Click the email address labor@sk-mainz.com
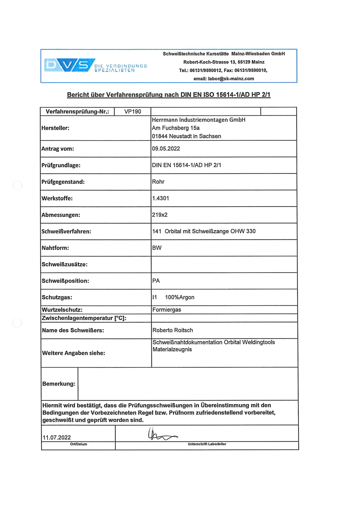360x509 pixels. pyautogui.click(x=223, y=78)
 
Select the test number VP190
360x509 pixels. pyautogui.click(x=133, y=112)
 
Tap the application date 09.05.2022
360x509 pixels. pyautogui.click(x=166, y=149)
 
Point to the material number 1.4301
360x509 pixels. pyautogui.click(x=161, y=198)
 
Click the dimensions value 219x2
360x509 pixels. pyautogui.click(x=160, y=215)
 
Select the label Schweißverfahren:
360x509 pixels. pyautogui.click(x=66, y=232)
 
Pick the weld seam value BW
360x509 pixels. pyautogui.click(x=156, y=248)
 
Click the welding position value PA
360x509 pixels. pyautogui.click(x=156, y=281)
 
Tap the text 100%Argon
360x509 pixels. pyautogui.click(x=180, y=297)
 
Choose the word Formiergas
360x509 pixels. pyautogui.click(x=167, y=310)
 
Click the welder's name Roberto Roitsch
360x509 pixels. pyautogui.click(x=173, y=330)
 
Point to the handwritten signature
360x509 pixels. pyautogui.click(x=162, y=434)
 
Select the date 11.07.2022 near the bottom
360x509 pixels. pyautogui.click(x=56, y=437)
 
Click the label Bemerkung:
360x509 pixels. pyautogui.click(x=59, y=384)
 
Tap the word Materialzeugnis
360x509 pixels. pyautogui.click(x=172, y=350)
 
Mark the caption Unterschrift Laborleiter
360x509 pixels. pyautogui.click(x=207, y=444)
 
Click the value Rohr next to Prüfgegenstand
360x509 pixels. pyautogui.click(x=158, y=182)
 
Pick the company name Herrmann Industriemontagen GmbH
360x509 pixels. pyautogui.click(x=198, y=120)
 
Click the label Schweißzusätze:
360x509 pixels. pyautogui.click(x=64, y=264)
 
